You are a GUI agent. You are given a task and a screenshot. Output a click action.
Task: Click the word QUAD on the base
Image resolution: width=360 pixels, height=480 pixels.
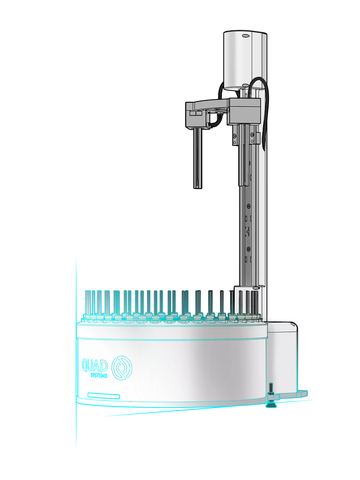[x=95, y=365]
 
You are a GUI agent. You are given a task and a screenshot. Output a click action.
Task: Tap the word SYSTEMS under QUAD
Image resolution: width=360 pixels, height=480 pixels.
[x=99, y=376]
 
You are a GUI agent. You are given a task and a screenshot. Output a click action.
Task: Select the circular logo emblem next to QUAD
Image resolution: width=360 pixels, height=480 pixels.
[x=122, y=368]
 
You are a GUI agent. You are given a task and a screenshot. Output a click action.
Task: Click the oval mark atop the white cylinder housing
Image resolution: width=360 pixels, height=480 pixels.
[x=246, y=36]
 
